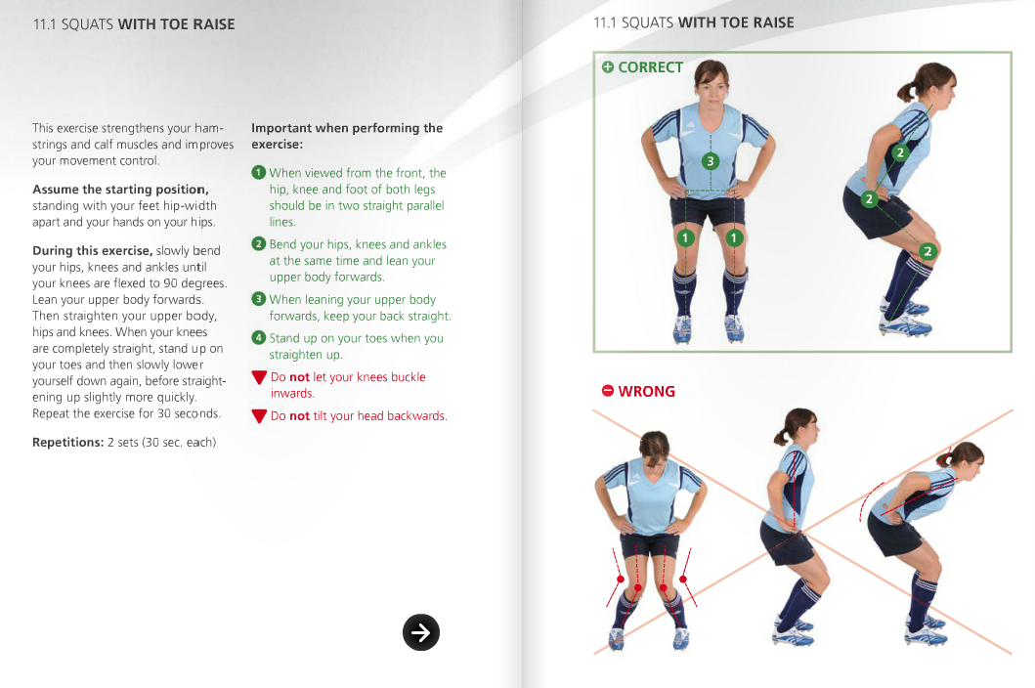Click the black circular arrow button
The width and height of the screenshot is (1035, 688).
421,632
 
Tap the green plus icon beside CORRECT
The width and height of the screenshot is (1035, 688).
608,67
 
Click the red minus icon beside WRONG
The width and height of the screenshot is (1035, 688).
608,391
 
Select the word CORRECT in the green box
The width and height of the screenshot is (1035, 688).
650,67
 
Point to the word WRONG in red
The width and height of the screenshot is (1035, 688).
646,391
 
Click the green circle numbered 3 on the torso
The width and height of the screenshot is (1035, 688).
711,160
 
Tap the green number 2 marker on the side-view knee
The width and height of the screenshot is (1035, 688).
927,251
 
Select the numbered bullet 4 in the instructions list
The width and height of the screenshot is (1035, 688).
258,337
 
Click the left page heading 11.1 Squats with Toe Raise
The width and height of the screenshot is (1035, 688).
134,24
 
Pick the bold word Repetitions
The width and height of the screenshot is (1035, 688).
67,443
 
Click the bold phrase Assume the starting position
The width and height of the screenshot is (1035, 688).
119,190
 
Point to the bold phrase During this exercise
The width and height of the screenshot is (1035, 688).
92,251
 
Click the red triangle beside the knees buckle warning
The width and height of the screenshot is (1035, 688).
259,378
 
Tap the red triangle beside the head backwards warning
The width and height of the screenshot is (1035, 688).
259,416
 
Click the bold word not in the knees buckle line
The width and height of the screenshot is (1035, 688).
300,377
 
